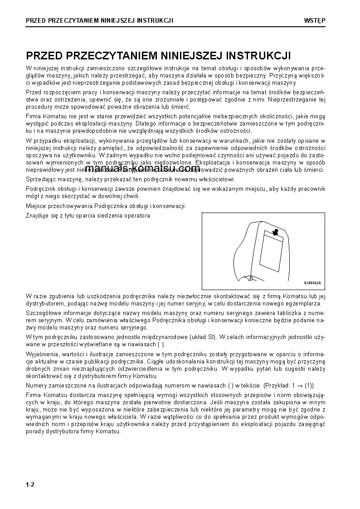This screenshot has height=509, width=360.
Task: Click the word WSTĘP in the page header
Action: tap(316, 21)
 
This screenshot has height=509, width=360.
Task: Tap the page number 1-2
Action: tap(30, 485)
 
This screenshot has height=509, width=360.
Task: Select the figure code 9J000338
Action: tap(312, 282)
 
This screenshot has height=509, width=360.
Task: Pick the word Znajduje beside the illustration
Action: tap(37, 215)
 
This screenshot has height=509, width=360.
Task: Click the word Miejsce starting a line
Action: tap(36, 206)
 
